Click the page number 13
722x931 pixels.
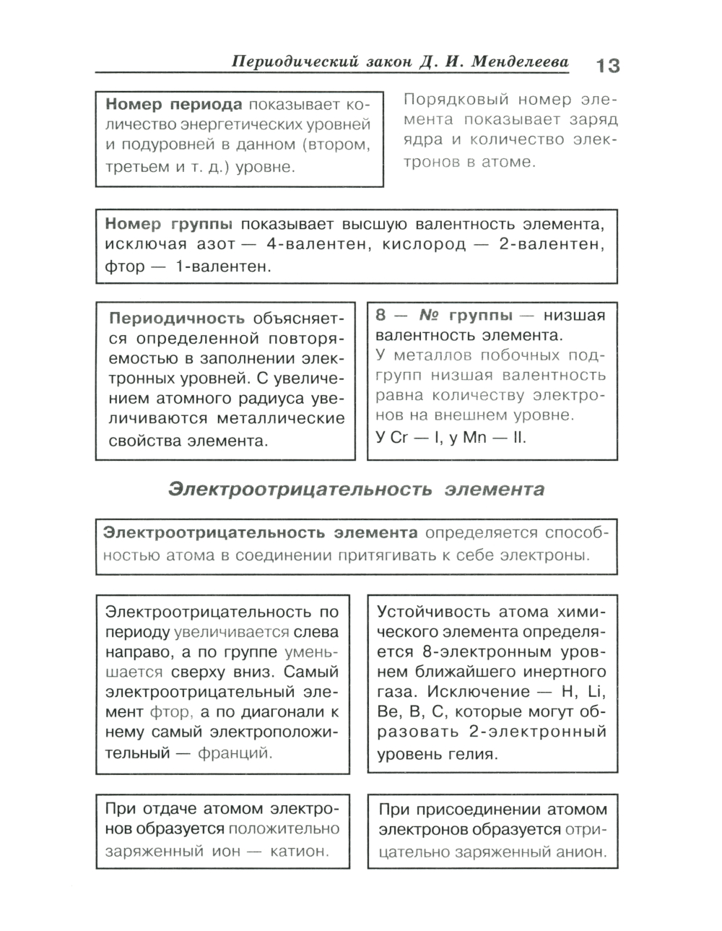(x=607, y=66)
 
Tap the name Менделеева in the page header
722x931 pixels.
(x=520, y=62)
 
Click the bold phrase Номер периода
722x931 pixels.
(x=173, y=103)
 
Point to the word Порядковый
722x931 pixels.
(x=445, y=99)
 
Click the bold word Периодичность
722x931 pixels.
(x=176, y=319)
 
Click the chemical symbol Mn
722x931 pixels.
(x=475, y=438)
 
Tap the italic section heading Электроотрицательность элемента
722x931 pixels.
(x=356, y=490)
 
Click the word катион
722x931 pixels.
(x=299, y=851)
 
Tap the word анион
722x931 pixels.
(x=581, y=852)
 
